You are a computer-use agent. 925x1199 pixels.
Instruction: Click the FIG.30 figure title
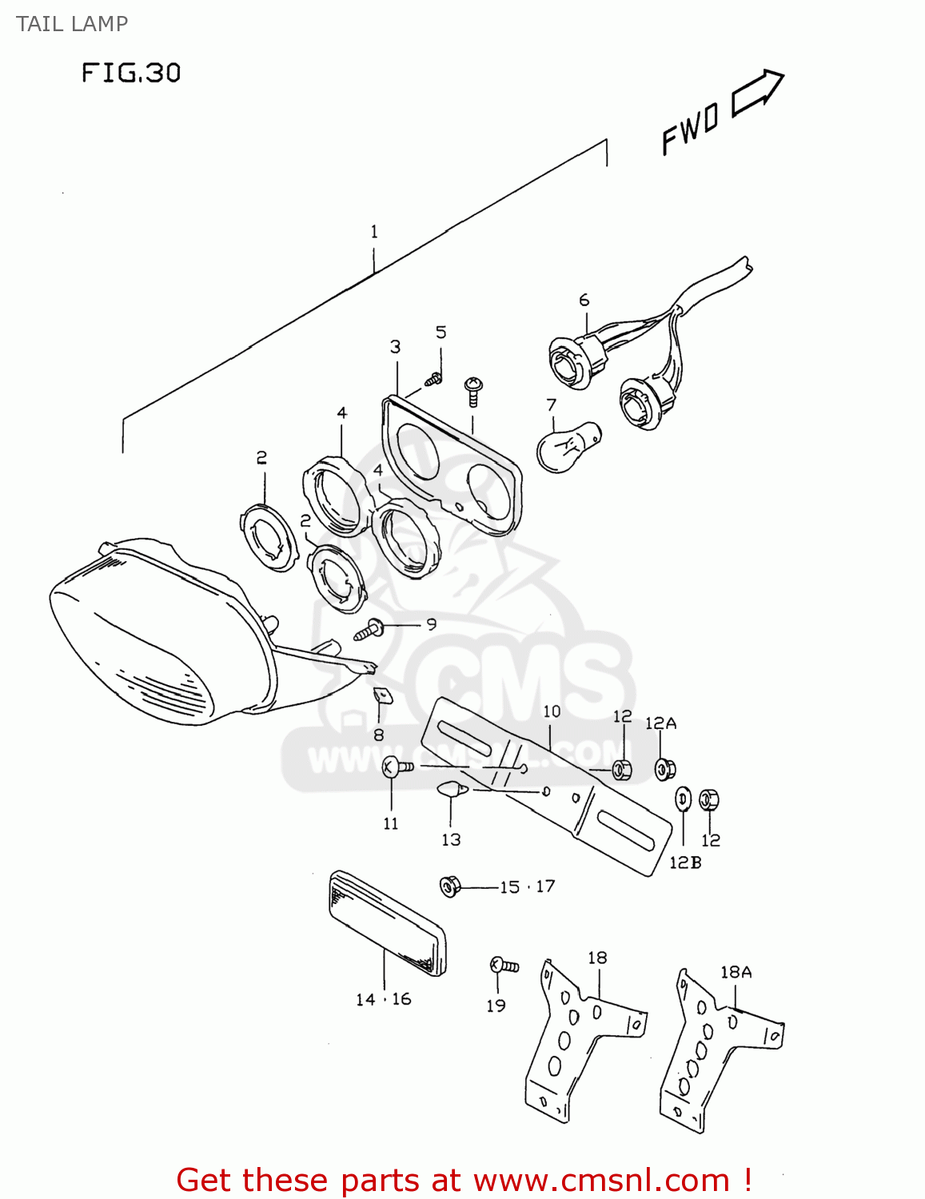click(131, 74)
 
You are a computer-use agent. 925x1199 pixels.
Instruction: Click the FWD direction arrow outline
click(757, 92)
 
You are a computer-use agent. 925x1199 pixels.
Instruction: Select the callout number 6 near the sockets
click(584, 300)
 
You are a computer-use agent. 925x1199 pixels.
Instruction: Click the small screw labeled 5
click(434, 380)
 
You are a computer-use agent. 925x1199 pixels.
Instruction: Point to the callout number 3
click(395, 347)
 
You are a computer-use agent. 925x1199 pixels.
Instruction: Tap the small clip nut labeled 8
click(383, 695)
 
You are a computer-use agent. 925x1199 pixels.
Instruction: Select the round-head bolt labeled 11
click(395, 767)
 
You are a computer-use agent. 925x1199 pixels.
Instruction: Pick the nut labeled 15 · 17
click(450, 886)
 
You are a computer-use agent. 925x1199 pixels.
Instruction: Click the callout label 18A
click(736, 972)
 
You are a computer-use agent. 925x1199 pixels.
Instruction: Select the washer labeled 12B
click(684, 798)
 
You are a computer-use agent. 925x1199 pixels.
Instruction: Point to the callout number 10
click(552, 711)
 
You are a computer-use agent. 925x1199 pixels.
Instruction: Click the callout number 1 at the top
click(373, 232)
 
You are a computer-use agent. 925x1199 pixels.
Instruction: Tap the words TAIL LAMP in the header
click(72, 24)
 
